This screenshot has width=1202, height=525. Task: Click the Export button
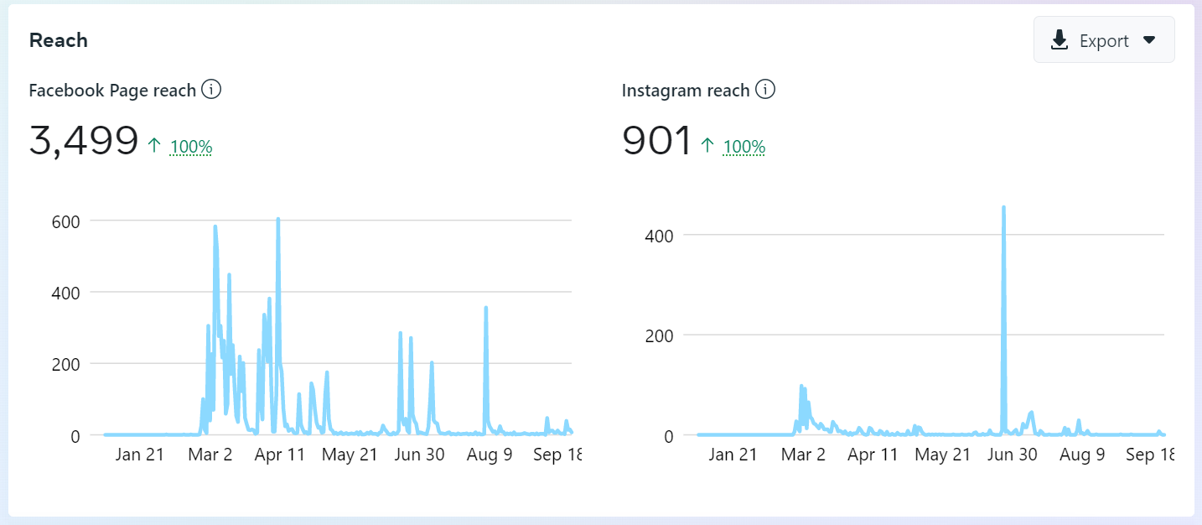pos(1103,40)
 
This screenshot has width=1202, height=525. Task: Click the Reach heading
pos(59,40)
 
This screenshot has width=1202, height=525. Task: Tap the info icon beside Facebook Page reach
pos(211,90)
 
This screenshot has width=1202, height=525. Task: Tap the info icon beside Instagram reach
pos(765,90)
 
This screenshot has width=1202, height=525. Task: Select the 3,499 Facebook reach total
pos(84,140)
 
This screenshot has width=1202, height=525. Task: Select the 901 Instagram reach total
pos(657,140)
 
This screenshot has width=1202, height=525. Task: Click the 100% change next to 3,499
pos(191,148)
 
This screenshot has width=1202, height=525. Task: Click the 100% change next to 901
pos(744,148)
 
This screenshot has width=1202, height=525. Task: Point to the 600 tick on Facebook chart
pos(65,221)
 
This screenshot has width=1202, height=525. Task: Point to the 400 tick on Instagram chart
pos(658,235)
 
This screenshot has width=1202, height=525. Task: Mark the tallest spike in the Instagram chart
pos(1003,207)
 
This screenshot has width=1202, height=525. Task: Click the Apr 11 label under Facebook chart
pos(280,455)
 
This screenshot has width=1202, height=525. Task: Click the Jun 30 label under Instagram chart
pos(1013,455)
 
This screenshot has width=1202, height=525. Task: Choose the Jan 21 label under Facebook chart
pos(139,455)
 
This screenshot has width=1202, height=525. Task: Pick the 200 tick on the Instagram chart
pos(658,335)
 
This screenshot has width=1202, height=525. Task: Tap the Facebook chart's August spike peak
pos(486,308)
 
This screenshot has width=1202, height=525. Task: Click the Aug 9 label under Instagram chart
pos(1082,455)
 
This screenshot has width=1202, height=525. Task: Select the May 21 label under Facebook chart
pos(350,455)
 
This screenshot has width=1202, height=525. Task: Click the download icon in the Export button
pos(1060,40)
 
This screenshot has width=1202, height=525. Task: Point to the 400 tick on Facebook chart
pos(65,293)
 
